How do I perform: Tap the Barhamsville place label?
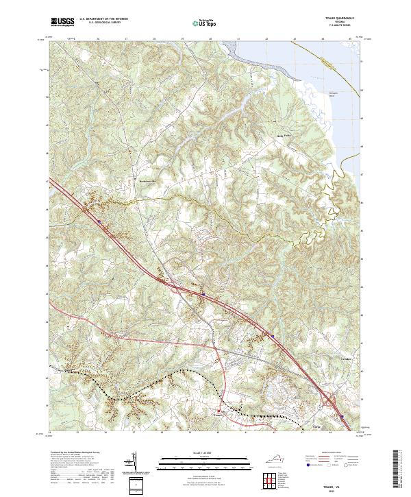click(x=148, y=181)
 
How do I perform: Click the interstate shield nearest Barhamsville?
click(x=99, y=221)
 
